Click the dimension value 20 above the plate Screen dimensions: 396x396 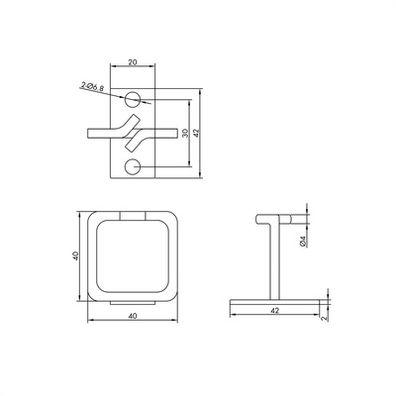point(133,62)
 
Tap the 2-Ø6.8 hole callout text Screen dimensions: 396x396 point(93,87)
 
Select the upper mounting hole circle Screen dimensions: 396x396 point(133,99)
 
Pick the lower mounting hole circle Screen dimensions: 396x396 point(133,167)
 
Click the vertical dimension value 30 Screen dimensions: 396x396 point(185,133)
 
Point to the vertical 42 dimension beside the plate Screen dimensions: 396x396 point(196,133)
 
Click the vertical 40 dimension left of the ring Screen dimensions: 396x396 point(75,256)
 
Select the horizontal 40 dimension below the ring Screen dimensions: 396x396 point(133,316)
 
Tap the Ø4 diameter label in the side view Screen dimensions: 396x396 point(304,241)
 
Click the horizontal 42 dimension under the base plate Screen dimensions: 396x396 point(274,311)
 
